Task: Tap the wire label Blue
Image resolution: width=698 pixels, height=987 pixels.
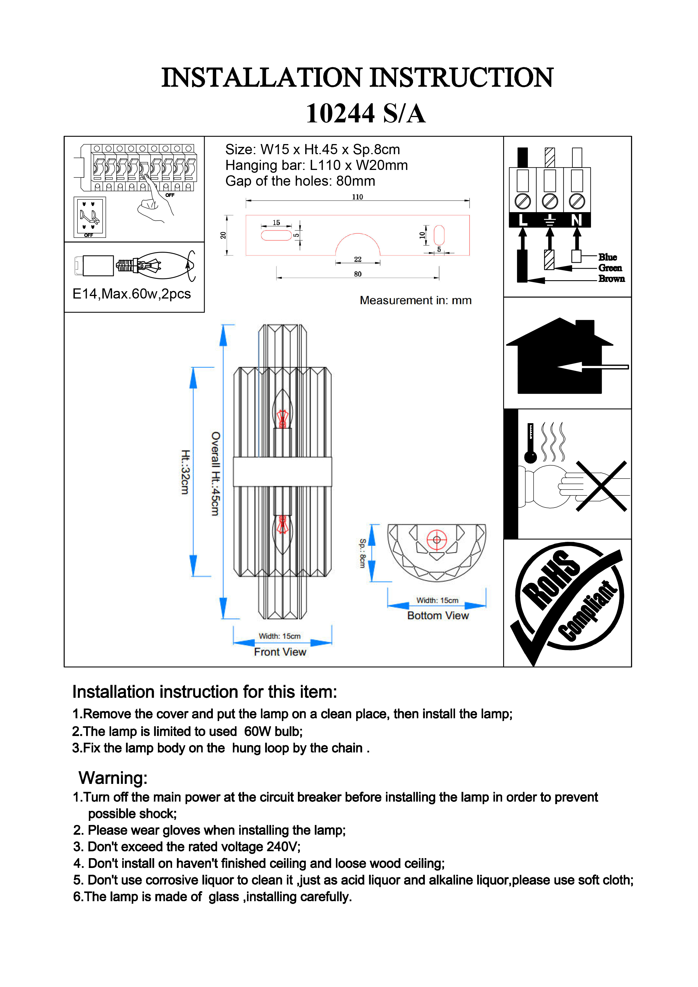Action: (x=607, y=257)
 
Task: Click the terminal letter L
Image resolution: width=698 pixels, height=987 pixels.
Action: (x=523, y=220)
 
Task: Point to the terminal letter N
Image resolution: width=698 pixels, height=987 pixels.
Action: (x=576, y=220)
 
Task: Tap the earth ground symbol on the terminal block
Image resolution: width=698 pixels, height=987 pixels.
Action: (x=550, y=220)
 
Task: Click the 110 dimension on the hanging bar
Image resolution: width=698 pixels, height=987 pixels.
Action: (x=357, y=197)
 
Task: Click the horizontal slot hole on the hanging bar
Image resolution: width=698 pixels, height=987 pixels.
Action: (x=276, y=235)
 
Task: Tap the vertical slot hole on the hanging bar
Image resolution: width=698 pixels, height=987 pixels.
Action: (x=439, y=235)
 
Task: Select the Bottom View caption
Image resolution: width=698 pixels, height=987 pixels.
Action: (x=438, y=616)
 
